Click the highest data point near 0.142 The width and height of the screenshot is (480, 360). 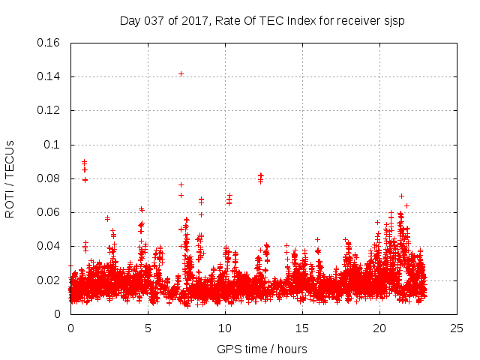181,73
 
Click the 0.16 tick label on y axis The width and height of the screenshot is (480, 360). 49,43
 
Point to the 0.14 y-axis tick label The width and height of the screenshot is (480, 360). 49,76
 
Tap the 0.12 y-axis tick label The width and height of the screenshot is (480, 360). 49,110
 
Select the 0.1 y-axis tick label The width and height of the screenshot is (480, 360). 52,145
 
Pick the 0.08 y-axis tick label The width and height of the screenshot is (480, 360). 49,178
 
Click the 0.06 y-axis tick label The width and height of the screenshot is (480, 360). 49,212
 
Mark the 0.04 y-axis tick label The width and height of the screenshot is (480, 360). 49,246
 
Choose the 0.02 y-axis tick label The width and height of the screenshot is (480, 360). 49,280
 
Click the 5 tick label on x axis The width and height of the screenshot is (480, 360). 148,328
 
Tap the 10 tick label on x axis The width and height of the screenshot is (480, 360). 225,328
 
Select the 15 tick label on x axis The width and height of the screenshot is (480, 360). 302,328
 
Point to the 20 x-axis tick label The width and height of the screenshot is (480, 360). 379,328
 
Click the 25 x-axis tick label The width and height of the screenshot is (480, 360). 457,328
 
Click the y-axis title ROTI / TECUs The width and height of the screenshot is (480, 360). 10,178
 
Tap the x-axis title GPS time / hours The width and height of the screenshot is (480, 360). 262,349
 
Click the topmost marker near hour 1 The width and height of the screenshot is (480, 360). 84,161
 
